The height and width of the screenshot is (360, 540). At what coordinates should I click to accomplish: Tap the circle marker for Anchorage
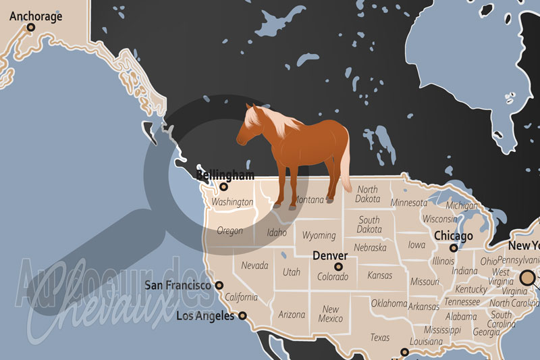(x=30, y=28)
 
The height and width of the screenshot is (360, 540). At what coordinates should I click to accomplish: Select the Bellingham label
(x=225, y=176)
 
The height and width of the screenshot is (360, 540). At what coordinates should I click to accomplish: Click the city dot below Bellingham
(x=224, y=187)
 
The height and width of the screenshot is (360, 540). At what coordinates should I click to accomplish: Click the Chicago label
(x=454, y=236)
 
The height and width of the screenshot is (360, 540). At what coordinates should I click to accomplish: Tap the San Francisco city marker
(x=219, y=286)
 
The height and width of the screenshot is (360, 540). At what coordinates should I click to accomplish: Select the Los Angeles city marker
(x=242, y=315)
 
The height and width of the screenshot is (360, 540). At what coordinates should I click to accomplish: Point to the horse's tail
(x=345, y=165)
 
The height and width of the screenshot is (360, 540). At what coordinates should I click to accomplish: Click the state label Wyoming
(x=319, y=236)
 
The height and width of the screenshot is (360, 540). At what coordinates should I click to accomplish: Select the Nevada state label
(x=254, y=265)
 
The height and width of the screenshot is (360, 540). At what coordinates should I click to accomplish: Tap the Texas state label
(x=379, y=338)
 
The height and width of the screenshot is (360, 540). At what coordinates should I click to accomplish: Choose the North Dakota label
(x=368, y=195)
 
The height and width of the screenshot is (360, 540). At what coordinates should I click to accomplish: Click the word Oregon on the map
(x=230, y=231)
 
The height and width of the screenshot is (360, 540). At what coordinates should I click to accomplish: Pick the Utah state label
(x=292, y=272)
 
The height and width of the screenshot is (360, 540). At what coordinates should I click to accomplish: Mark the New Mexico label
(x=330, y=314)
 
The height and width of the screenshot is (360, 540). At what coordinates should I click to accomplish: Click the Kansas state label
(x=379, y=276)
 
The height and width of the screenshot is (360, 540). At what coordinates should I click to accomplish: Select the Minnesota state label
(x=409, y=203)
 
